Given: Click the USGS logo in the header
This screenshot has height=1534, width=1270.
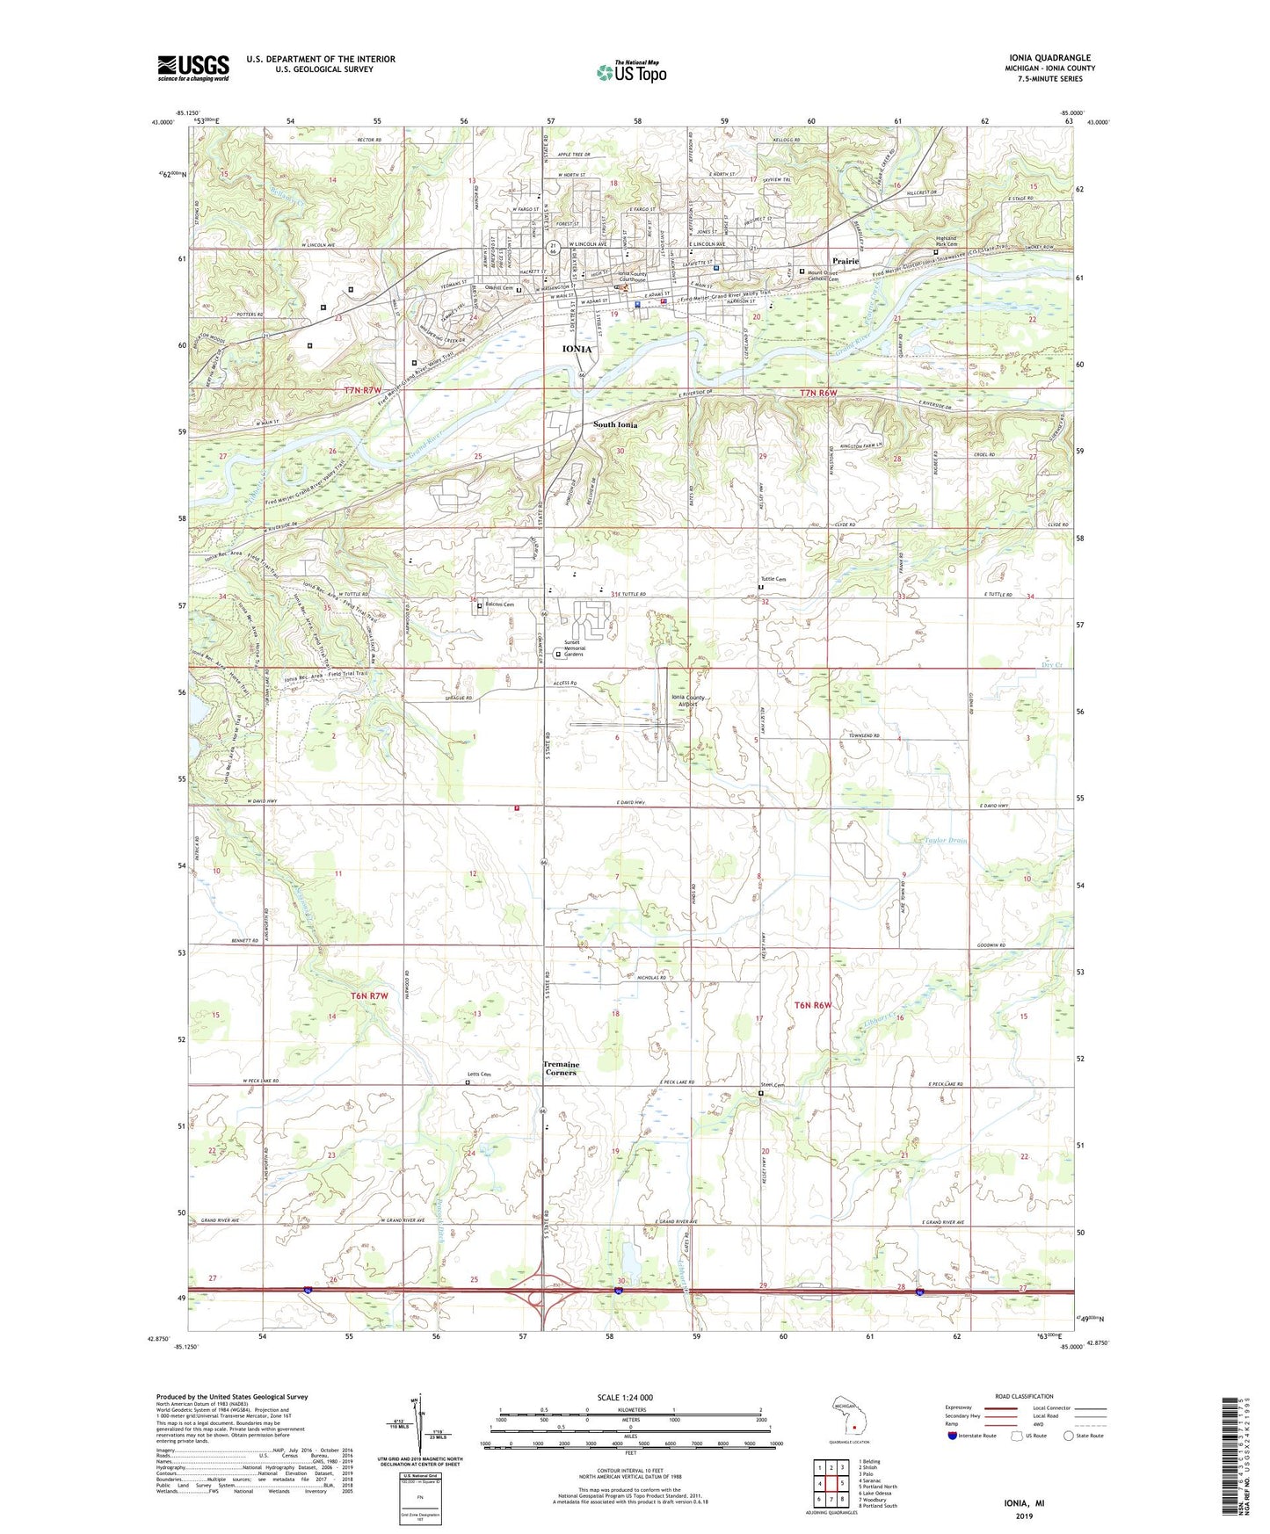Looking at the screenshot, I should click(x=192, y=68).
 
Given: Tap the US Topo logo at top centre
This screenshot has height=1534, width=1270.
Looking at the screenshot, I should click(x=631, y=72).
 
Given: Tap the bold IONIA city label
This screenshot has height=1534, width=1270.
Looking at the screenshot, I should click(x=577, y=349).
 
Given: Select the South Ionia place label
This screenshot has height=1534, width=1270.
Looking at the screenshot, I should click(x=615, y=424).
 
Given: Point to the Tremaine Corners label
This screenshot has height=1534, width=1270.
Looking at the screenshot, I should click(x=561, y=1068).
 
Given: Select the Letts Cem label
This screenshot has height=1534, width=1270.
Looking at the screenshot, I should click(x=479, y=1075).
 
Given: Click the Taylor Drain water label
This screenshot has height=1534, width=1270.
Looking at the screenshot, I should click(x=946, y=841).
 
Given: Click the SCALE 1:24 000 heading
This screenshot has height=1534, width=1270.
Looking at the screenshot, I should click(x=625, y=1398).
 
